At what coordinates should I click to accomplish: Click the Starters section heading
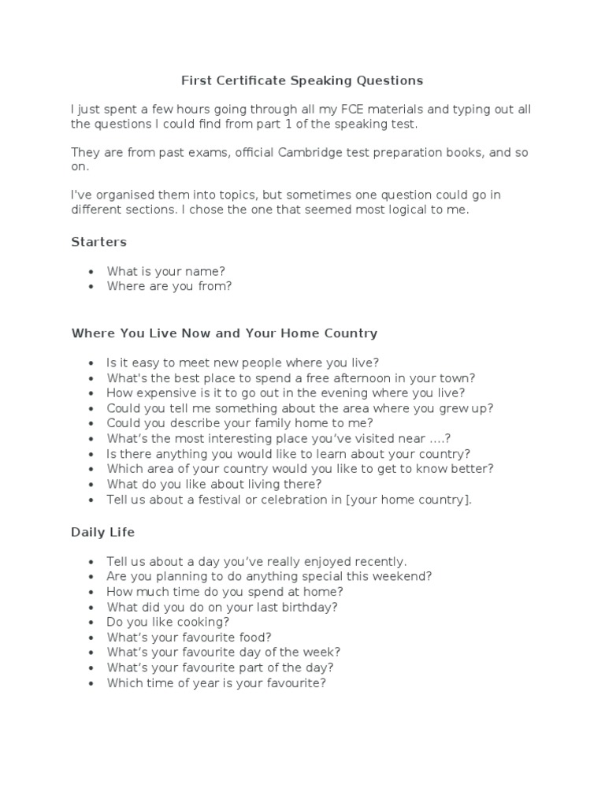pos(98,242)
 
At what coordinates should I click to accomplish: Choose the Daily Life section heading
pos(103,532)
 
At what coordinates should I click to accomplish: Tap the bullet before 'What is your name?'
pos(91,272)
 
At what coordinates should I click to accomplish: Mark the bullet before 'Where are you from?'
pos(91,287)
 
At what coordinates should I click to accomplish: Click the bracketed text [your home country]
pos(408,500)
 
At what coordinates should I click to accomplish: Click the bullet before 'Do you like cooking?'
pos(91,623)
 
